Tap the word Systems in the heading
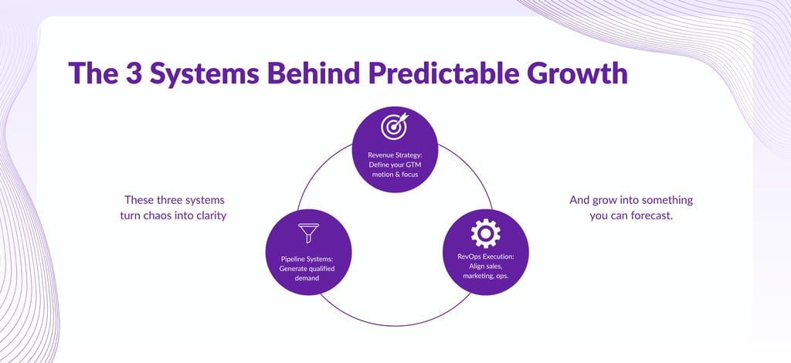pos(205,73)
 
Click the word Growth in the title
pos(577,73)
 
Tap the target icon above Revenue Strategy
pos(394,126)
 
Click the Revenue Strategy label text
pos(394,154)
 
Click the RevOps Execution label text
pos(485,256)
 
